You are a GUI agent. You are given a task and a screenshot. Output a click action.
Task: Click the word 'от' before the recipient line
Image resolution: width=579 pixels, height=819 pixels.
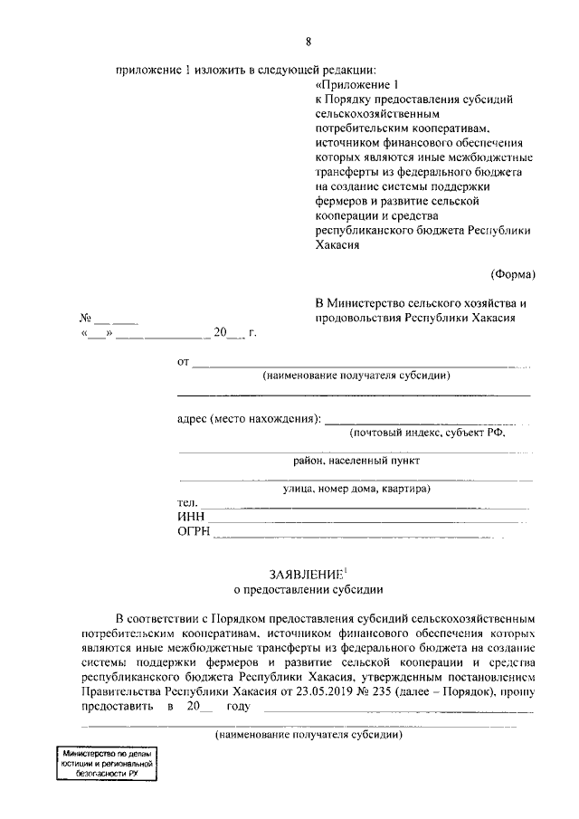pos(183,363)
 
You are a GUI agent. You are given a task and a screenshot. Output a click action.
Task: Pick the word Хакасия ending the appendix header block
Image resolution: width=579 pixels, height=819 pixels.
pos(337,244)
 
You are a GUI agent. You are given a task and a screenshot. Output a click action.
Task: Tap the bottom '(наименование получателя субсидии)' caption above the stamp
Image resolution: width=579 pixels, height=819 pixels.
pos(308,735)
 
